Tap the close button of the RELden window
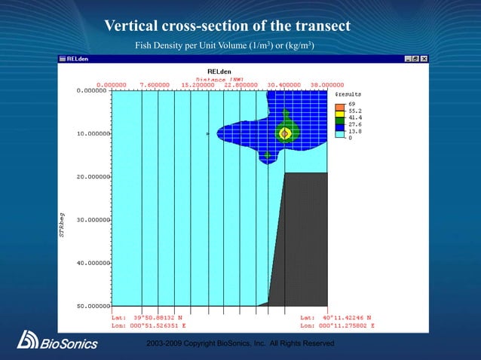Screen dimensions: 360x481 tap(424, 59)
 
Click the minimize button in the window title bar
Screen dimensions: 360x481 tap(408, 59)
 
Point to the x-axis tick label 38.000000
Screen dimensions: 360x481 tap(326, 85)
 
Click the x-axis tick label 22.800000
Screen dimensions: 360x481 tap(242, 85)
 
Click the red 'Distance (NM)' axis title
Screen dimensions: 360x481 tap(221, 78)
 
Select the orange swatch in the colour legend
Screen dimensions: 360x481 tap(340, 105)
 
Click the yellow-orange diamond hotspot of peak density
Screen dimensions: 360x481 tap(285, 134)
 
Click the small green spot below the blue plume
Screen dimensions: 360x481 tap(268, 155)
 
